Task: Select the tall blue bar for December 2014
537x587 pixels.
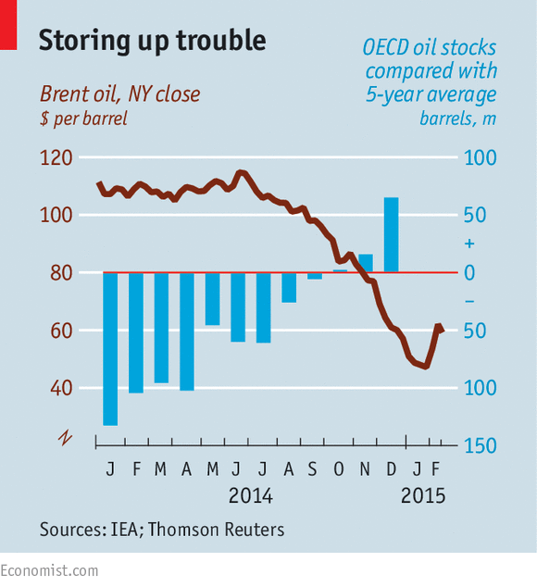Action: coord(391,235)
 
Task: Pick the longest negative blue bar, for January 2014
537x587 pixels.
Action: coord(111,348)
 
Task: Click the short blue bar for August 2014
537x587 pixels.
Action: coord(289,287)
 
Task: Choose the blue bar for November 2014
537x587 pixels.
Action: coord(366,263)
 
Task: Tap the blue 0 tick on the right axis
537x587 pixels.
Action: coord(468,273)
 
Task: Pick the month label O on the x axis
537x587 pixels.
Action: coord(339,469)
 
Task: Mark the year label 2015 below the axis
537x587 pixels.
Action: coord(423,496)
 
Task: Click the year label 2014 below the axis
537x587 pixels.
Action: coord(250,496)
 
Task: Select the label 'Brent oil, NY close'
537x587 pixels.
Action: coord(119,94)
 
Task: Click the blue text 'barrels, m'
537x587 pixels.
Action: coord(458,119)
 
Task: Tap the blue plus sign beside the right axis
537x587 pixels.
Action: coord(468,244)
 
